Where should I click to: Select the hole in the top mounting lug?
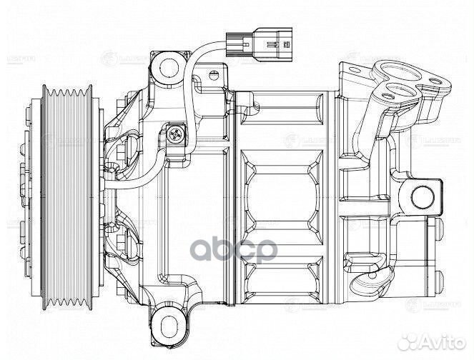[169, 67]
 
